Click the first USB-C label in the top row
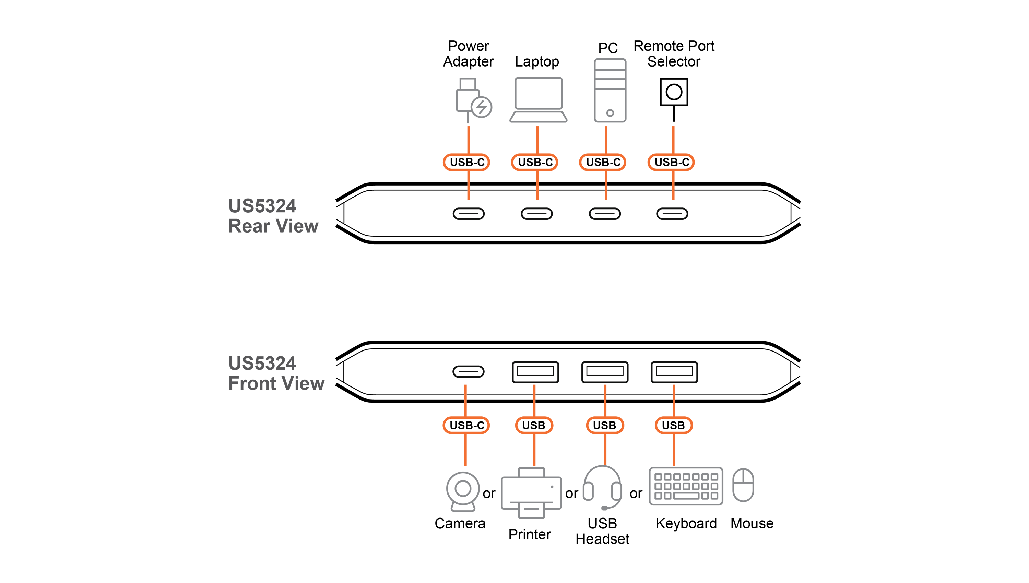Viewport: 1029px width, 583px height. click(466, 162)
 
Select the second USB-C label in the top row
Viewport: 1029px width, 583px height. click(535, 162)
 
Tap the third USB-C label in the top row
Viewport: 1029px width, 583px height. click(603, 162)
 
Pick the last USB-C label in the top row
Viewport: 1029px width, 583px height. click(672, 162)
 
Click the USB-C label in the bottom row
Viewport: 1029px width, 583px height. click(466, 425)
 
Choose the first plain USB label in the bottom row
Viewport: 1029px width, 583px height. click(533, 425)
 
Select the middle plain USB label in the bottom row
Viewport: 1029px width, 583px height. click(604, 425)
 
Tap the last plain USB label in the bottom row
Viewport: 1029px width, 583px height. click(673, 425)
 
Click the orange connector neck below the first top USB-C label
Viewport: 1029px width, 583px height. click(468, 190)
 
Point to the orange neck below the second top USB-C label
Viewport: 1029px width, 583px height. click(537, 190)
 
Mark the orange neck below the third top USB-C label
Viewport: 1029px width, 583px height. click(606, 190)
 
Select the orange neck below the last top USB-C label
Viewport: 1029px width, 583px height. click(673, 190)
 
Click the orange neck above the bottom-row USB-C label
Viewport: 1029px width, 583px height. click(465, 396)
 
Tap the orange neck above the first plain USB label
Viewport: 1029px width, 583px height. click(534, 396)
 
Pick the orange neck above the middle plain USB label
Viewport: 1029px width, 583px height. click(605, 396)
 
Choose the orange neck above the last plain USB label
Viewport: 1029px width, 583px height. click(674, 396)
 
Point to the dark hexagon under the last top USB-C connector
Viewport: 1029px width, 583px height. click(674, 214)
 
